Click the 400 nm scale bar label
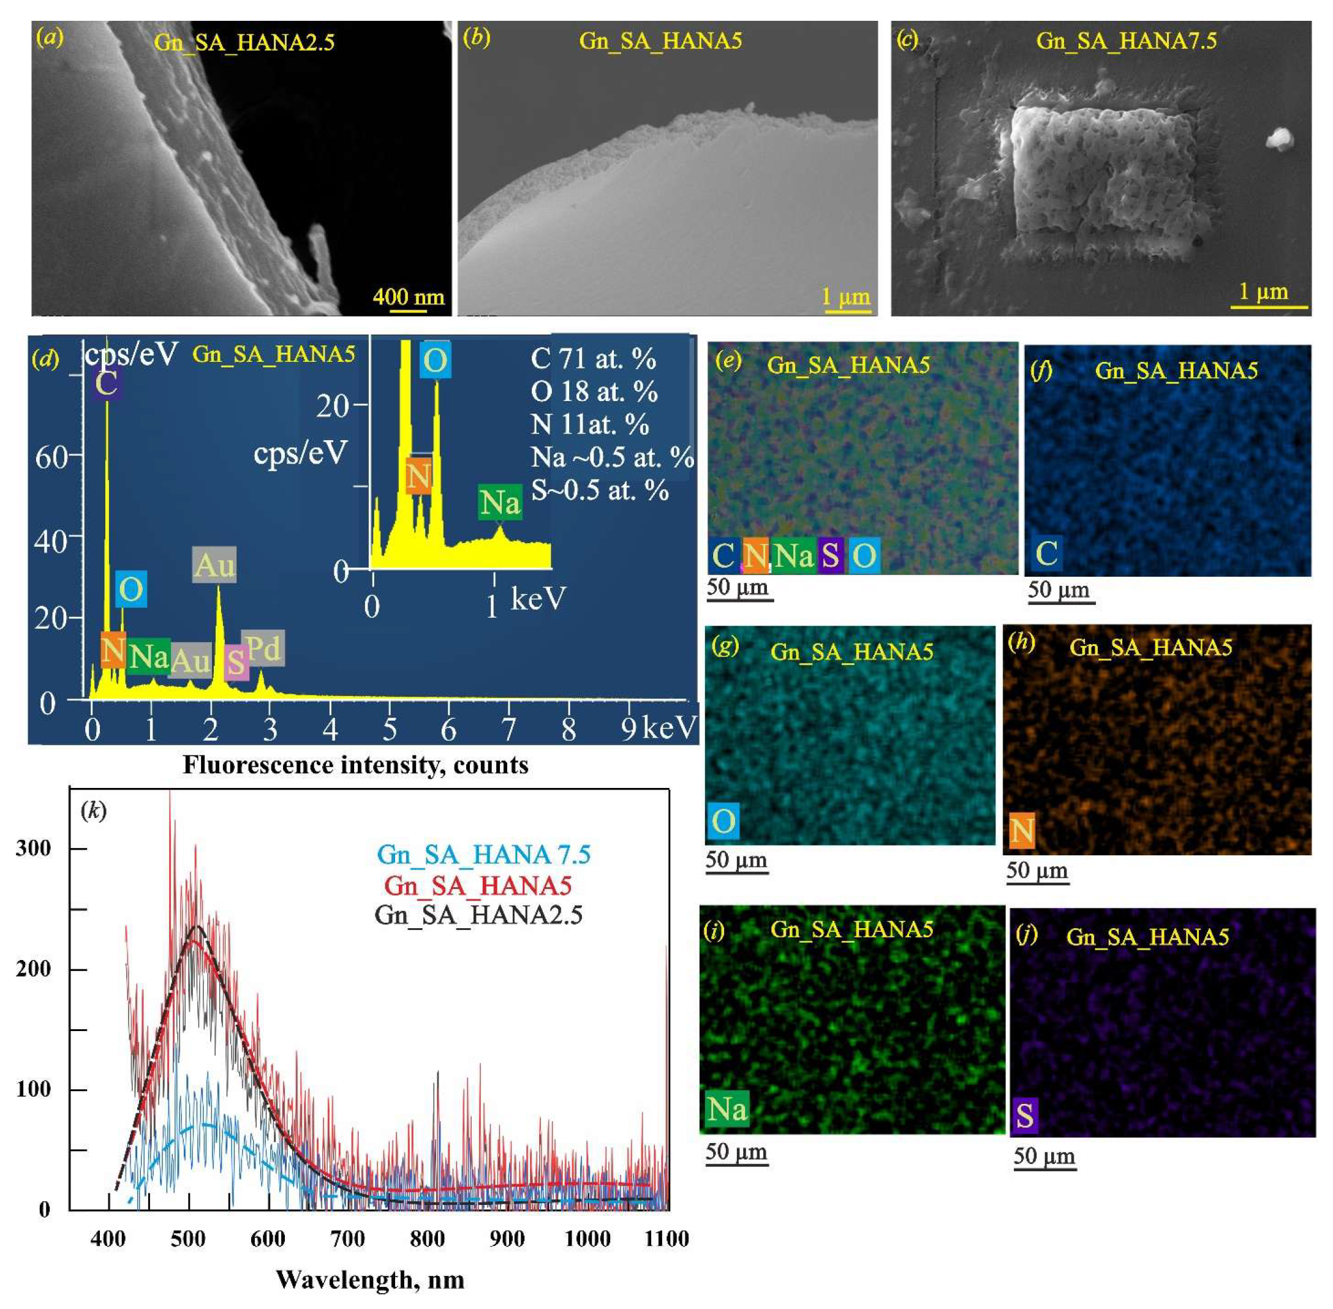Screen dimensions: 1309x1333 tap(409, 296)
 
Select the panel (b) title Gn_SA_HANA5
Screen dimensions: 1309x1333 tap(660, 40)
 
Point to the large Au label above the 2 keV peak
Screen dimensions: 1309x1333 tap(214, 565)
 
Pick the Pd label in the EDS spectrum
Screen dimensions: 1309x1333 tap(263, 648)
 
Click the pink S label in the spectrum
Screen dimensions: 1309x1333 tap(235, 662)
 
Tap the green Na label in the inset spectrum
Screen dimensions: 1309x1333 tap(499, 503)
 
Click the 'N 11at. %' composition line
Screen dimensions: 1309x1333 tap(589, 424)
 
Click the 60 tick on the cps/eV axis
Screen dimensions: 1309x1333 tap(51, 456)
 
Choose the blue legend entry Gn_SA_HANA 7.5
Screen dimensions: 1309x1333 tap(484, 855)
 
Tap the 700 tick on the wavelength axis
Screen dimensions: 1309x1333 tap(347, 1239)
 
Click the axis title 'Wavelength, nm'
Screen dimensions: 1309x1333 tap(370, 1280)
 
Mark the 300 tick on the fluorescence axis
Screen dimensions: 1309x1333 tap(33, 849)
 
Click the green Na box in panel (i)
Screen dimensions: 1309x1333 tap(727, 1109)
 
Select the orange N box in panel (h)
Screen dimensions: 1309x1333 tap(1021, 830)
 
